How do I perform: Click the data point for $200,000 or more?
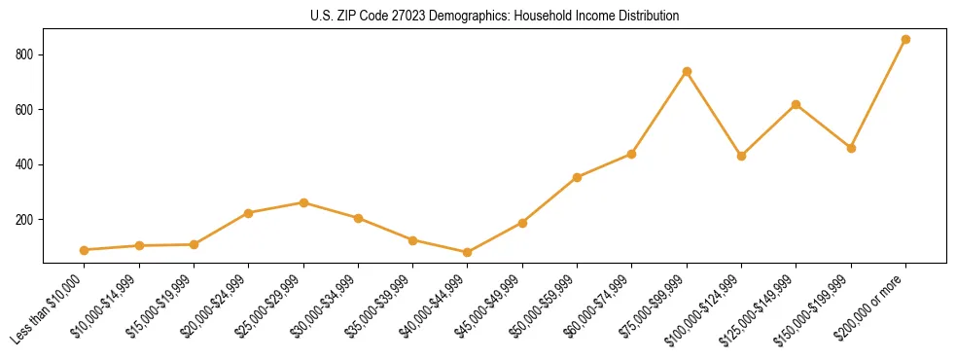(905, 40)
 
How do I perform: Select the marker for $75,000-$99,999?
(687, 71)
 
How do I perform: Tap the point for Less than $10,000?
(85, 250)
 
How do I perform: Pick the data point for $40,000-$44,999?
(468, 253)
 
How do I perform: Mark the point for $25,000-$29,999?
(303, 202)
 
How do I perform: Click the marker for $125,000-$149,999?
(797, 104)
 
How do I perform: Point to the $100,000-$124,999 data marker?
(741, 156)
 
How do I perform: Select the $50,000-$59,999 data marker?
(578, 177)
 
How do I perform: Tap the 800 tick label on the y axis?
(26, 54)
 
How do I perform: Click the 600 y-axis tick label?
(26, 110)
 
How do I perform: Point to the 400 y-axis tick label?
(26, 164)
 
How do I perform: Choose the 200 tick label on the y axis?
(26, 220)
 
